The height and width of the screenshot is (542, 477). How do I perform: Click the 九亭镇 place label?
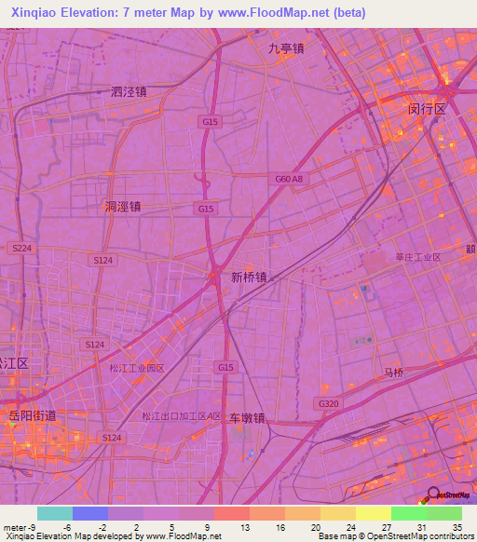tap(287, 49)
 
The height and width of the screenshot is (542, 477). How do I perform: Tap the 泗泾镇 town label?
tap(129, 92)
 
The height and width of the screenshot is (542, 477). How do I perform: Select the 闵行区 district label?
tap(428, 109)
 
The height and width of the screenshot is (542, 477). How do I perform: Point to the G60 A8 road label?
tap(289, 179)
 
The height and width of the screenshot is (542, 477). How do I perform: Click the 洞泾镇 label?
tap(122, 208)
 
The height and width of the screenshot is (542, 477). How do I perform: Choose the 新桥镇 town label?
tap(250, 277)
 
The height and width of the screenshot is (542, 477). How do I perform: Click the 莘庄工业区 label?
tap(417, 256)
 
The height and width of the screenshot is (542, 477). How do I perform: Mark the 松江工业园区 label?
tap(137, 368)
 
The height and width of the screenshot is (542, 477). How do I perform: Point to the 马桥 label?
tap(396, 372)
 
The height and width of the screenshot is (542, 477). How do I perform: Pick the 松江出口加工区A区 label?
tap(182, 416)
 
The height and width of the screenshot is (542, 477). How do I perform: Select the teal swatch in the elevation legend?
tap(54, 513)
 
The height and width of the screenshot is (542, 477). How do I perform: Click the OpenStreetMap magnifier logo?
tap(433, 495)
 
